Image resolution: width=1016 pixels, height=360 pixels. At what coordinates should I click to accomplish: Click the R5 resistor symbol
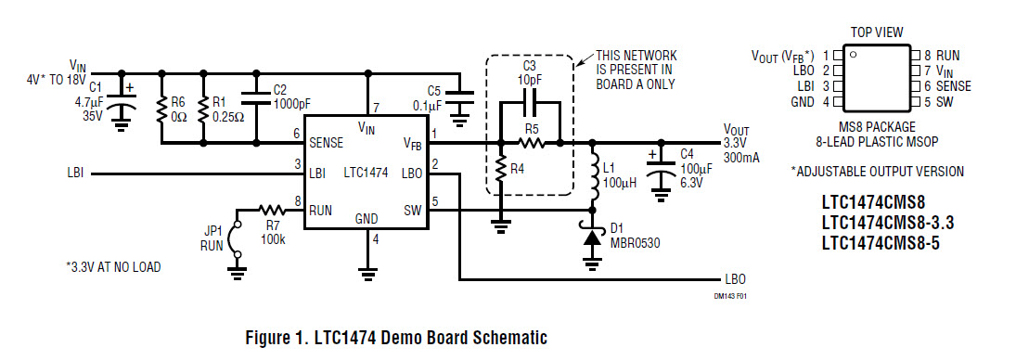coord(530,144)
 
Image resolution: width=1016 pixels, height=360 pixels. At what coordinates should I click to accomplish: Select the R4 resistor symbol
coord(500,172)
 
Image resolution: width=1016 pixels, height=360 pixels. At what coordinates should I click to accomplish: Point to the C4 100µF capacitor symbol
coord(661,174)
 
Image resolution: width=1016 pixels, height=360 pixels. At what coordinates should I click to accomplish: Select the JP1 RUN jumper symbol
coord(238,238)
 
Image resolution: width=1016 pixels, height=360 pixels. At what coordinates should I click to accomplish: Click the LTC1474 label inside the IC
coord(367,174)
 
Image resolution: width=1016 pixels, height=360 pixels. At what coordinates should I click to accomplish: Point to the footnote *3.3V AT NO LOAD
coord(113,267)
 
